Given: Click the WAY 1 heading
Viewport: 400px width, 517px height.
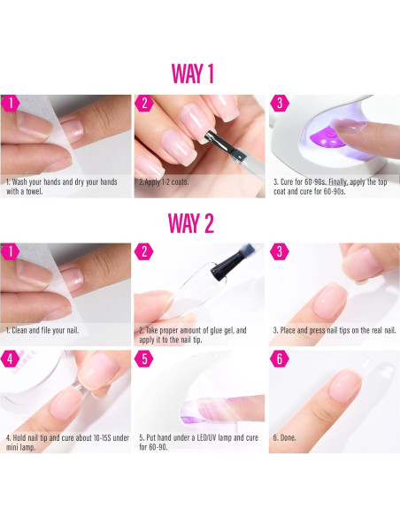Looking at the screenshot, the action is pos(193,73).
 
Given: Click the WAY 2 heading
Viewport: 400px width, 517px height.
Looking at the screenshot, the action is pos(191,223).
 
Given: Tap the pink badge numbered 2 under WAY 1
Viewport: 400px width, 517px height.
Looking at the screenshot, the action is pos(144,104).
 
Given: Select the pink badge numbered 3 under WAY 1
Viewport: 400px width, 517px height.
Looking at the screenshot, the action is pos(280,104).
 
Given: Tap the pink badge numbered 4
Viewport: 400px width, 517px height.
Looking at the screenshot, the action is pos(10,359).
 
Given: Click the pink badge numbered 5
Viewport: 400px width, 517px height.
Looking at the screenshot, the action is pos(144,359).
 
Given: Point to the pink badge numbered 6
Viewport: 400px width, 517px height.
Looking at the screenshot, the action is pos(280,359).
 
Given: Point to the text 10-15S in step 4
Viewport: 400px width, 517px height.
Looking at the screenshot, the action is pos(102,438).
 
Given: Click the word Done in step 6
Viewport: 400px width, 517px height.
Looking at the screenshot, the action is pos(288,438).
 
